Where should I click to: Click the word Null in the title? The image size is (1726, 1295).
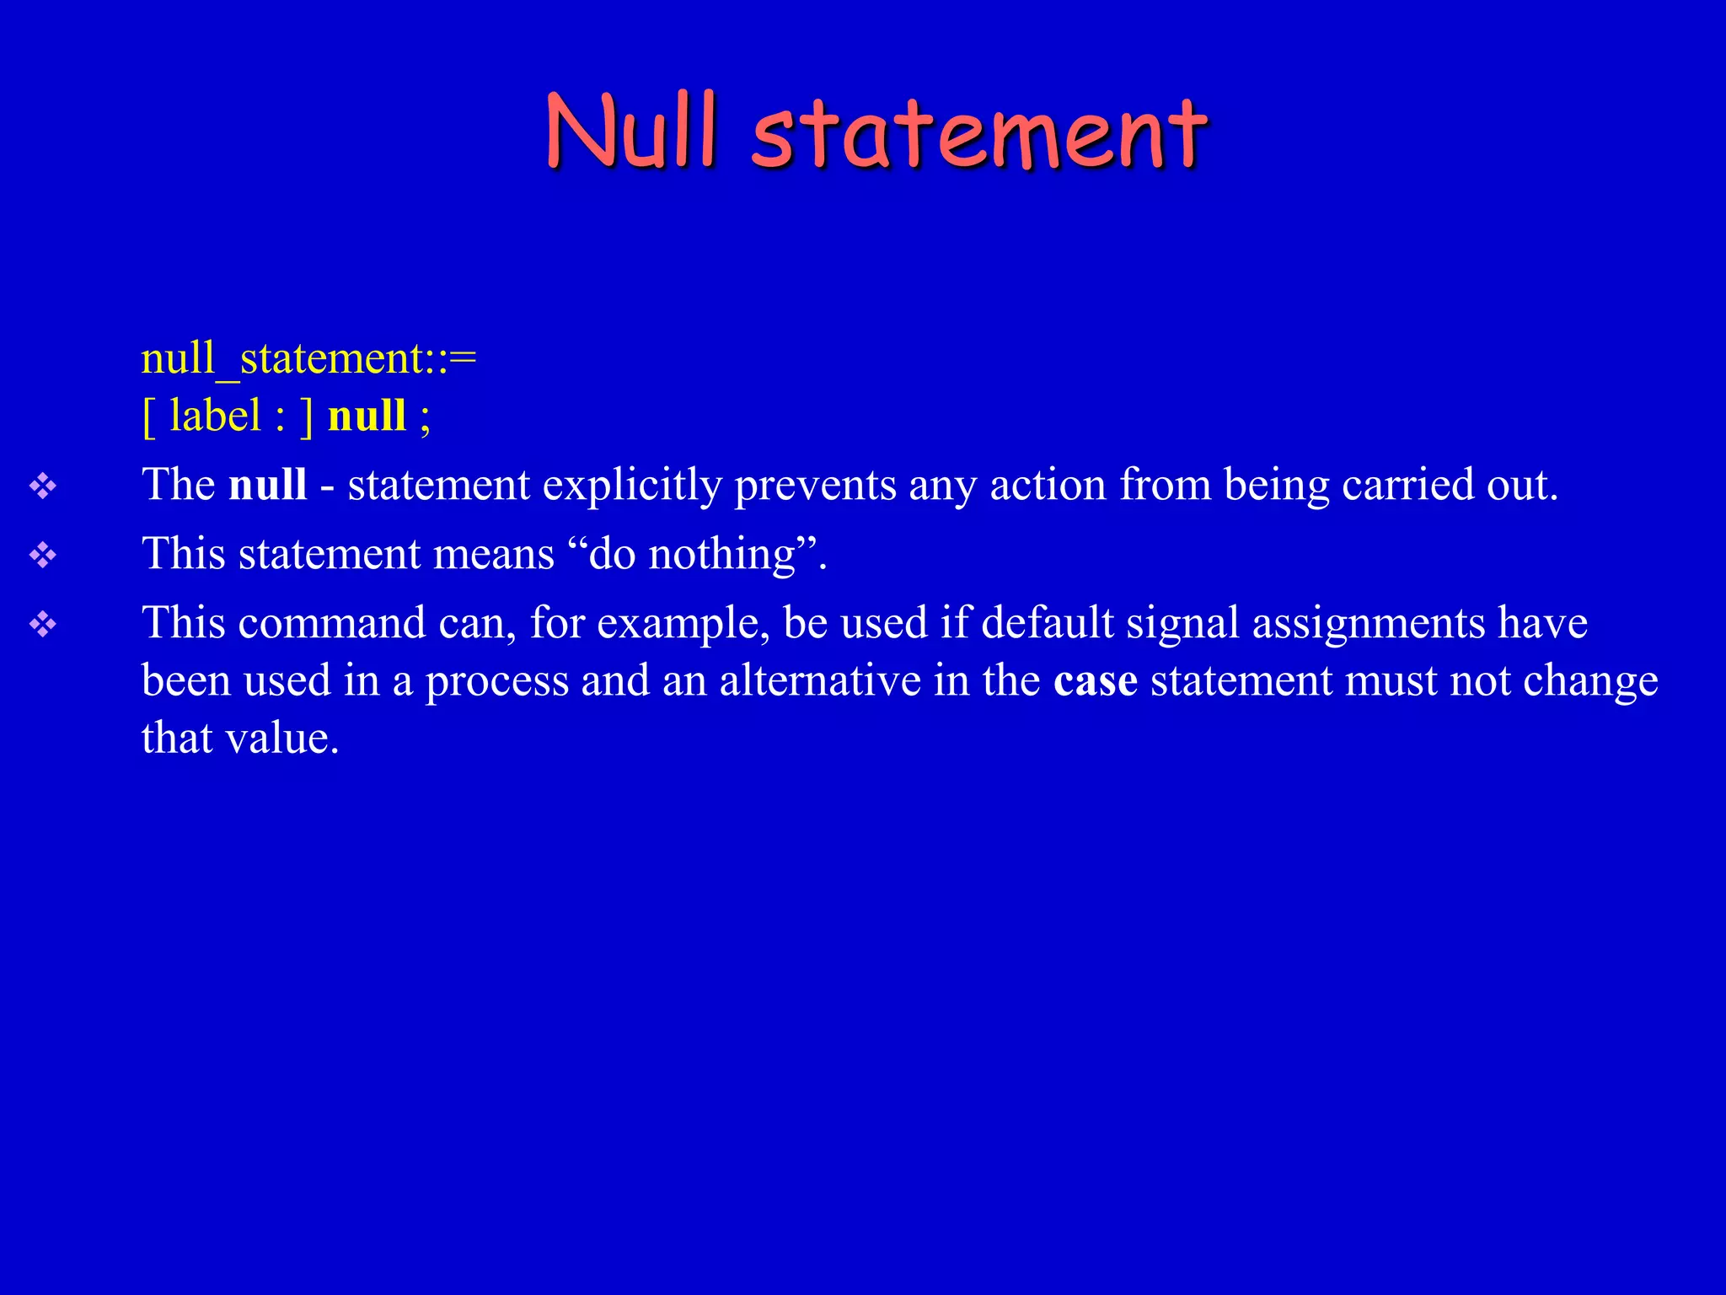(x=632, y=131)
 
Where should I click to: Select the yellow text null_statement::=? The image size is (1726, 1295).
(x=308, y=358)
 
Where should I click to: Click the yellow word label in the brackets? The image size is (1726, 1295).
(x=215, y=416)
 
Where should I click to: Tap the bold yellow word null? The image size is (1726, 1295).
(x=367, y=416)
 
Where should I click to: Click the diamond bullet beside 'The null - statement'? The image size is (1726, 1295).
(x=43, y=486)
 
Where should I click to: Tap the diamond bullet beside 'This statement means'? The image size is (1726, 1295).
(x=43, y=555)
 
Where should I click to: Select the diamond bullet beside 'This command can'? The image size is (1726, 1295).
(x=43, y=624)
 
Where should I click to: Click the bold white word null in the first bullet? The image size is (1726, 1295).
(x=267, y=485)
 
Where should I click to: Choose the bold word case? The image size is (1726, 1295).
(x=1095, y=681)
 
